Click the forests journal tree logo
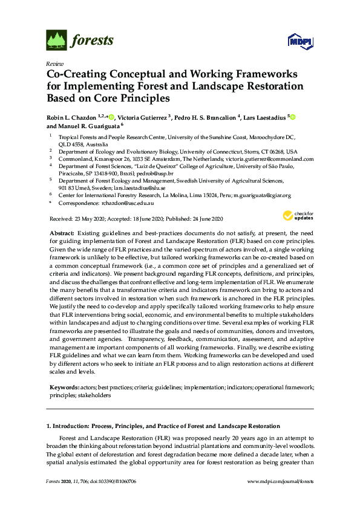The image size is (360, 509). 57,40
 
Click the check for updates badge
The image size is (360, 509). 298,216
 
